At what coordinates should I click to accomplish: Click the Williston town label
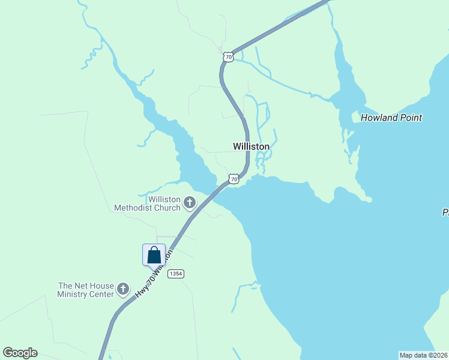[x=251, y=146]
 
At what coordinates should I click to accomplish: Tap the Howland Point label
[x=391, y=118]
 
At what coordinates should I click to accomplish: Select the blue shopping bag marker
[x=154, y=255]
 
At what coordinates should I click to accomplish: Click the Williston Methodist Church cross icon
[x=190, y=203]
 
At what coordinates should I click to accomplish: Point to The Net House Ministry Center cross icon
[x=123, y=290]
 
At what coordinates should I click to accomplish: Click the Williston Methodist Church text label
[x=164, y=203]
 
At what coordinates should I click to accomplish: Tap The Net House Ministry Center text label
[x=85, y=290]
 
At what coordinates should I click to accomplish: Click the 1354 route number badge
[x=175, y=274]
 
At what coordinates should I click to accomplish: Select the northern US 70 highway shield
[x=227, y=56]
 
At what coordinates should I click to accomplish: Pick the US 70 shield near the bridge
[x=234, y=179]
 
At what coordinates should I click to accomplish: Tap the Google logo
[x=20, y=353]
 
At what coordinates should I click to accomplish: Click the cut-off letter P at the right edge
[x=445, y=212]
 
